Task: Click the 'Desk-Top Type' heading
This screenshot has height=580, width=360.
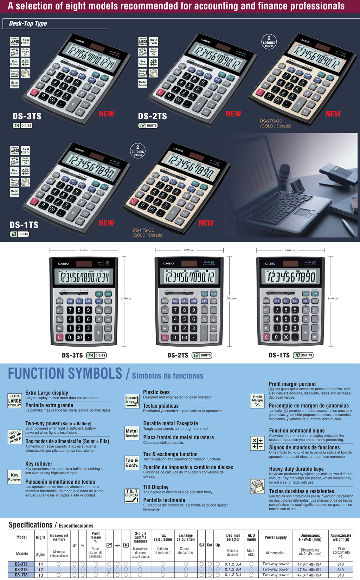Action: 28,24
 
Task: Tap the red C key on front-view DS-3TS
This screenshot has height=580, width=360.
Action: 59,337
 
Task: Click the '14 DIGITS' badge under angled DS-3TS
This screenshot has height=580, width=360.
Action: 22,125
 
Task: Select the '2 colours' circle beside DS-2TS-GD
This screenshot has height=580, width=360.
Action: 269,42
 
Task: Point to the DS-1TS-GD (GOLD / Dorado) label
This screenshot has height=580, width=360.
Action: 148,232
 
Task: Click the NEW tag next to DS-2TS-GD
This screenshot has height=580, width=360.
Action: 333,114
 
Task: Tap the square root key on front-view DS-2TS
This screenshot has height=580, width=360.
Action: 213,310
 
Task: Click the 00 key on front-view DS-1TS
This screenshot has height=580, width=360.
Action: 286,337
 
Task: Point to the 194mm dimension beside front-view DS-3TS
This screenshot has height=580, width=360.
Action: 126,298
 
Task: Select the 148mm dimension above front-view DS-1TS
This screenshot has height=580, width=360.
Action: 290,250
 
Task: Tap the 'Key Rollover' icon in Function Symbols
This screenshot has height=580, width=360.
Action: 14,477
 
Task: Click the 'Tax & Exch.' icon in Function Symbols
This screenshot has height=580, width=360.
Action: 132,463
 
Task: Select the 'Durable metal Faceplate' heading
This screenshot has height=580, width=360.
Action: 171,424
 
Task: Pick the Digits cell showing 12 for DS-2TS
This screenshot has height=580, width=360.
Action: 40,569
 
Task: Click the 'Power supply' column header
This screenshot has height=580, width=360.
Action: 276,537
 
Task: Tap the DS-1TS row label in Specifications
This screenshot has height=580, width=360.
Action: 21,575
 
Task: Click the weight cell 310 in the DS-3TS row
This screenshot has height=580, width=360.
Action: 340,564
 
